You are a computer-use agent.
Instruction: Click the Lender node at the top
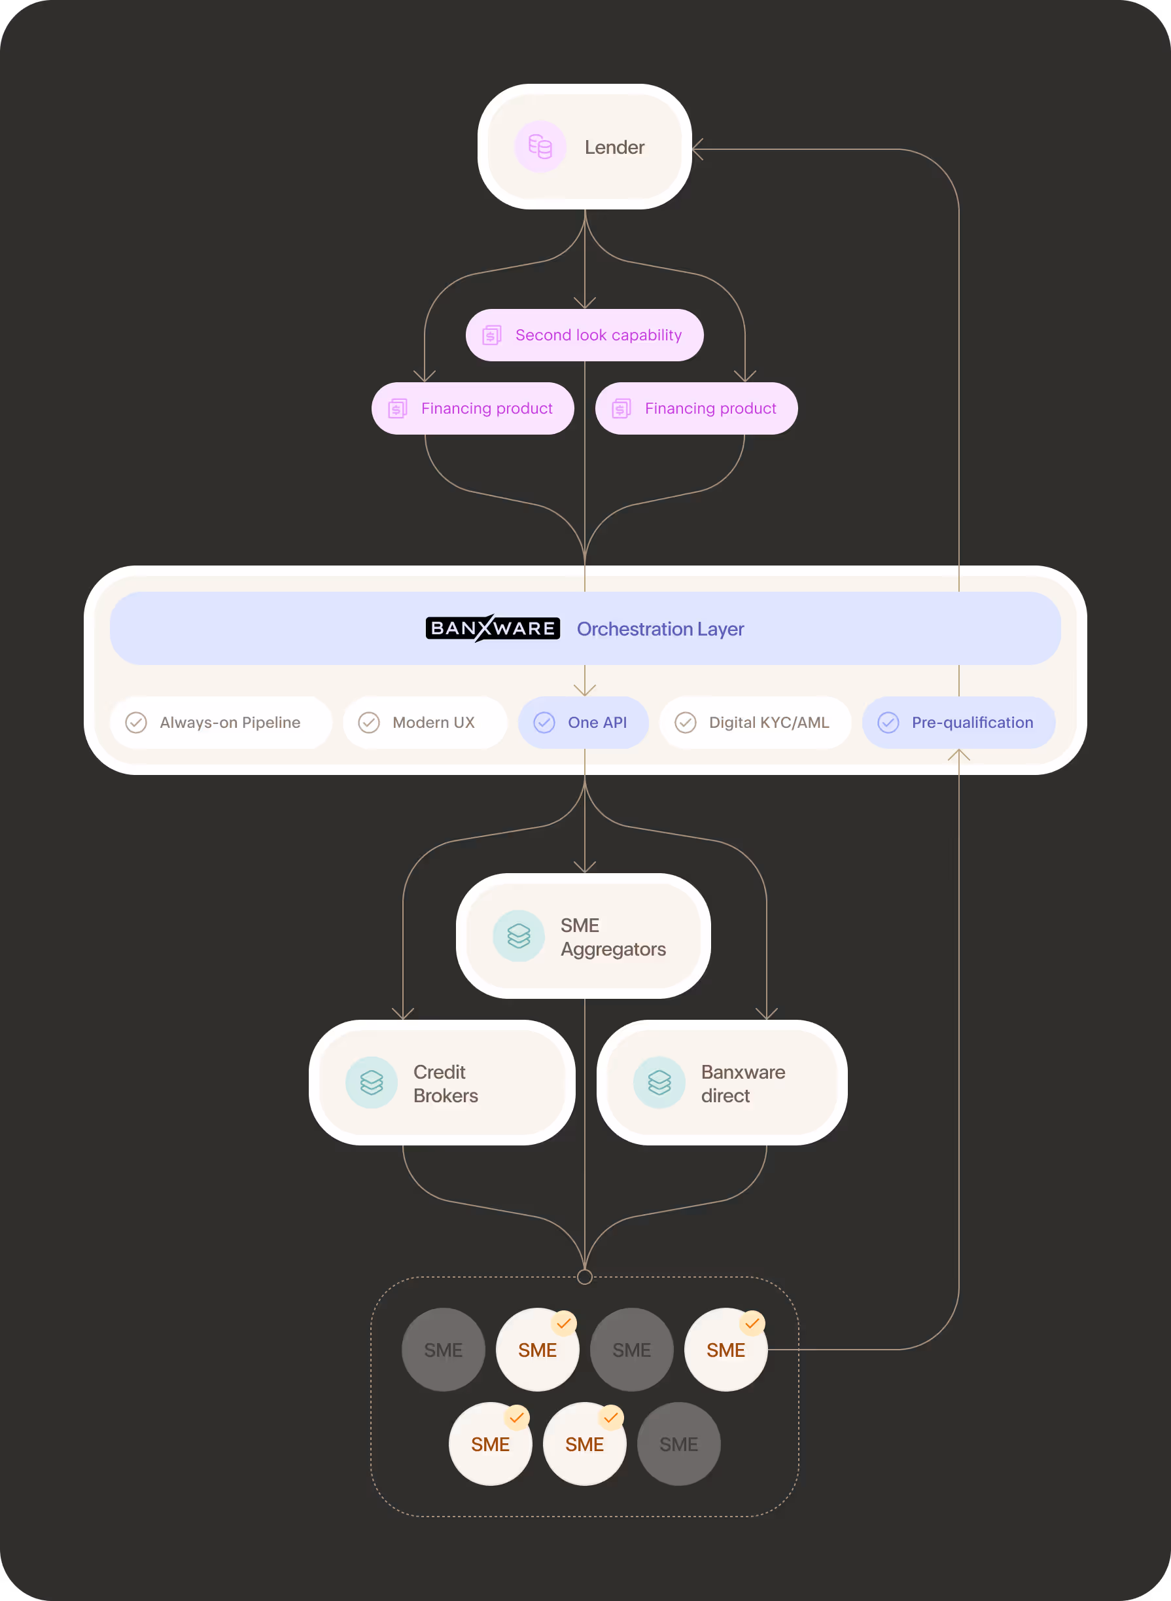[x=584, y=147]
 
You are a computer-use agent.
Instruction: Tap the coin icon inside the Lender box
[x=540, y=147]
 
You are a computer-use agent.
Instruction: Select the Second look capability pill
[x=584, y=334]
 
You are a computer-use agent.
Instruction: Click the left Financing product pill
[x=472, y=408]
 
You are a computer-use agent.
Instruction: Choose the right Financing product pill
[x=696, y=408]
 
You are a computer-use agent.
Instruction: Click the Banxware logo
[x=493, y=628]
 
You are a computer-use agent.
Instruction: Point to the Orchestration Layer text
[x=660, y=629]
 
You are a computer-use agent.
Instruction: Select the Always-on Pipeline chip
[x=220, y=723]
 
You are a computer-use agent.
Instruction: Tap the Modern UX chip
[x=425, y=723]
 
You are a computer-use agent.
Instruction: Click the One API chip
[x=584, y=723]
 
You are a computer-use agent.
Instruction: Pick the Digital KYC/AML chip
[x=755, y=723]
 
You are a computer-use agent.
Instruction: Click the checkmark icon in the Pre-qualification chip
[x=888, y=723]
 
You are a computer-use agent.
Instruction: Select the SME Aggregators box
[x=584, y=936]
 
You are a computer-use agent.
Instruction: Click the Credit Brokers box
[x=442, y=1083]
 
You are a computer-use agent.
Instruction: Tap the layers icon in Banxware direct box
[x=659, y=1083]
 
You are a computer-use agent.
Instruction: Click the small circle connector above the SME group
[x=585, y=1277]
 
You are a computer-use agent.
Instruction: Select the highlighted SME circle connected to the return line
[x=725, y=1349]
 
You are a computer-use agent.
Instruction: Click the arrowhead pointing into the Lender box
[x=697, y=150]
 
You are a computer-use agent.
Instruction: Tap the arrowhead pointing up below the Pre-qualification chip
[x=959, y=755]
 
